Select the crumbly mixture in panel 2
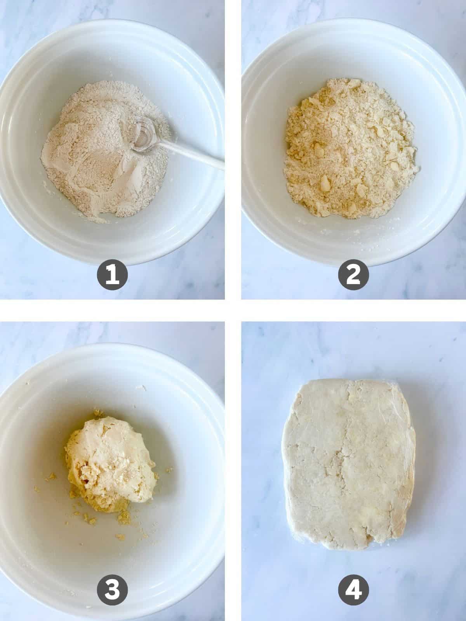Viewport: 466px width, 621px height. (349, 147)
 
